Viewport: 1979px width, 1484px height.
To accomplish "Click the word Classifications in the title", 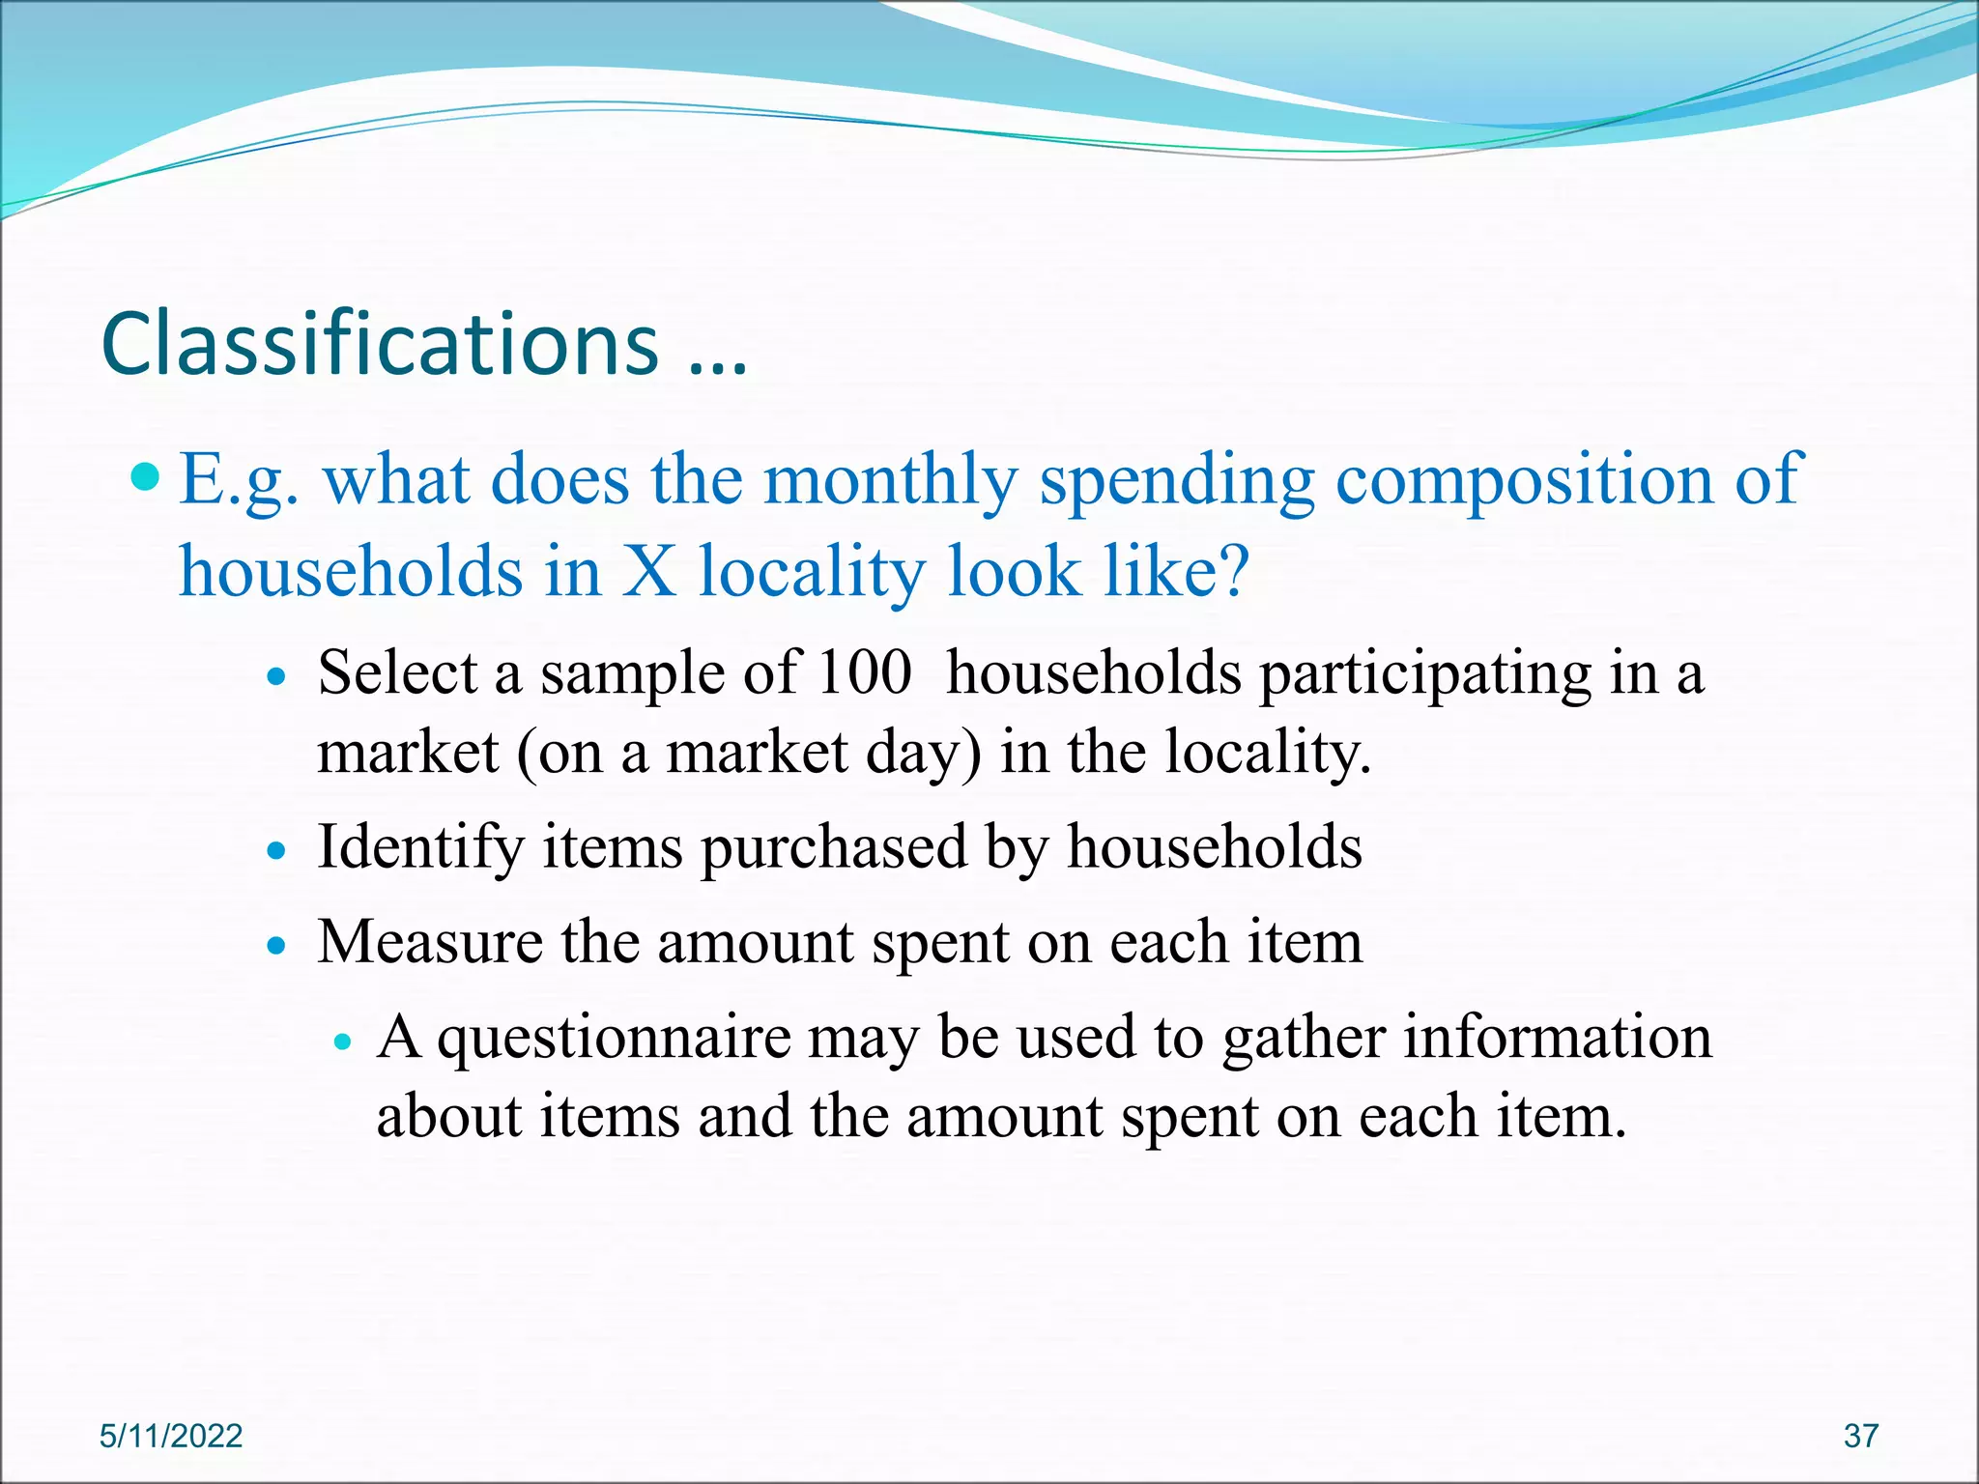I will (380, 344).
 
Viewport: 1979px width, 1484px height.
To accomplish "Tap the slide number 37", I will (1860, 1436).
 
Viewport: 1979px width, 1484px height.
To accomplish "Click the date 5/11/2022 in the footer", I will (171, 1436).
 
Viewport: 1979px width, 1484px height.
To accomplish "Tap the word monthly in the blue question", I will (890, 480).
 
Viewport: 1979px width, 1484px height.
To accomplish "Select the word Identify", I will (420, 847).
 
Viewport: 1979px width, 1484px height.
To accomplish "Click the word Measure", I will (430, 942).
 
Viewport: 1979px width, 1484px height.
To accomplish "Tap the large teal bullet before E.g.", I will (146, 475).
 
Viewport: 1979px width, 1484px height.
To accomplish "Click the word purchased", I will (834, 847).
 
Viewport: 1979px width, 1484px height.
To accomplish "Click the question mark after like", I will (1233, 571).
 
